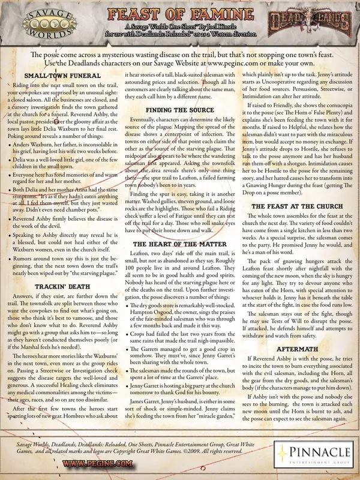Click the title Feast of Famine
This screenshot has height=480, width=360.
[180, 12]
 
